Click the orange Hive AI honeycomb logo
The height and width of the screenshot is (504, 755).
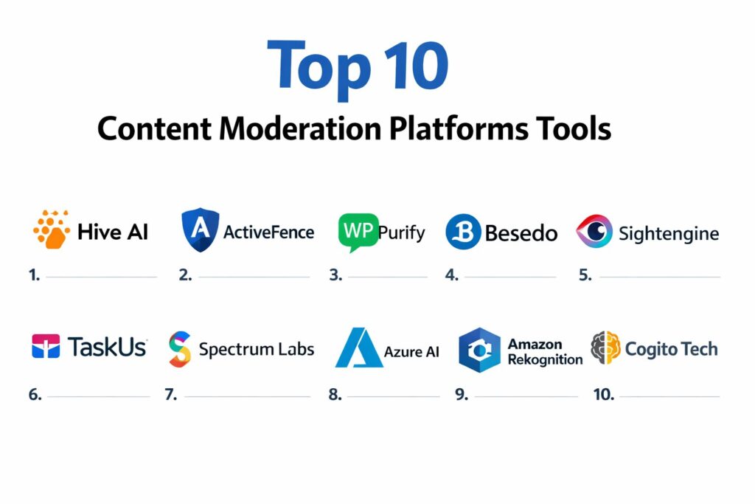[52, 229]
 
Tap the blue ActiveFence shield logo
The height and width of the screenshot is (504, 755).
[201, 229]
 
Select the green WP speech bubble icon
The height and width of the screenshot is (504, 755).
[358, 232]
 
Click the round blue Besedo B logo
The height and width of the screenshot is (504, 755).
[463, 232]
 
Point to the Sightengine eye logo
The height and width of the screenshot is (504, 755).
[594, 231]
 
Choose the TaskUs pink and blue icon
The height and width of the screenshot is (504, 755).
[46, 346]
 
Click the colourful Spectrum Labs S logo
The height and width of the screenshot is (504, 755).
[180, 349]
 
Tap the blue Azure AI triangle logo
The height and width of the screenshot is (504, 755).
[359, 348]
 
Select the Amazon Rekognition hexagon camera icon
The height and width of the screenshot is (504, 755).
[479, 351]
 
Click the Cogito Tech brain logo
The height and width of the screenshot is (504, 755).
[605, 348]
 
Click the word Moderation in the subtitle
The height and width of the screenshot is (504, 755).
[301, 128]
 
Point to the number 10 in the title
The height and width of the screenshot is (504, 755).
[417, 66]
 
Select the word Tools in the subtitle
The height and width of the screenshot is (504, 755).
[573, 128]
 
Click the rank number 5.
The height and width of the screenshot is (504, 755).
[585, 275]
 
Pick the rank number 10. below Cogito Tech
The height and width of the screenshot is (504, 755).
[604, 395]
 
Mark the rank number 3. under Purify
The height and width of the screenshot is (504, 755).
[335, 275]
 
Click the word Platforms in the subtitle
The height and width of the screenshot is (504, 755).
[458, 128]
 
